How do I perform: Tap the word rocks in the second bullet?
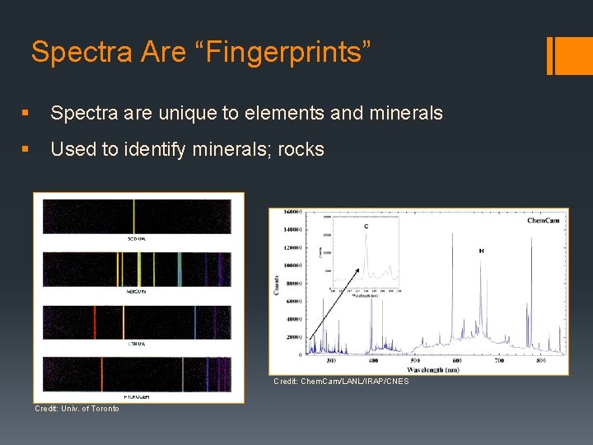pos(301,149)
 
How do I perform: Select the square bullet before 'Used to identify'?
pos(29,150)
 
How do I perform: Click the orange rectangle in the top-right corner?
pos(568,56)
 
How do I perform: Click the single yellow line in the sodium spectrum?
pos(134,217)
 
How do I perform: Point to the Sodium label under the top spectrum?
pos(137,239)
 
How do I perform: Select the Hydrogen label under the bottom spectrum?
pos(137,396)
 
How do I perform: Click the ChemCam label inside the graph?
pos(544,220)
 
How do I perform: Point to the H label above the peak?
pos(481,250)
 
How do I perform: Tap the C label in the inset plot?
pos(365,227)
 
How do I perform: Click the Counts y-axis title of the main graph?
pos(277,284)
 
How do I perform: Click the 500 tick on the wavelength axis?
pos(415,361)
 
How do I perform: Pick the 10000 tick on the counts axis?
pos(292,265)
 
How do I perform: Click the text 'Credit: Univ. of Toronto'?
pos(77,409)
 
